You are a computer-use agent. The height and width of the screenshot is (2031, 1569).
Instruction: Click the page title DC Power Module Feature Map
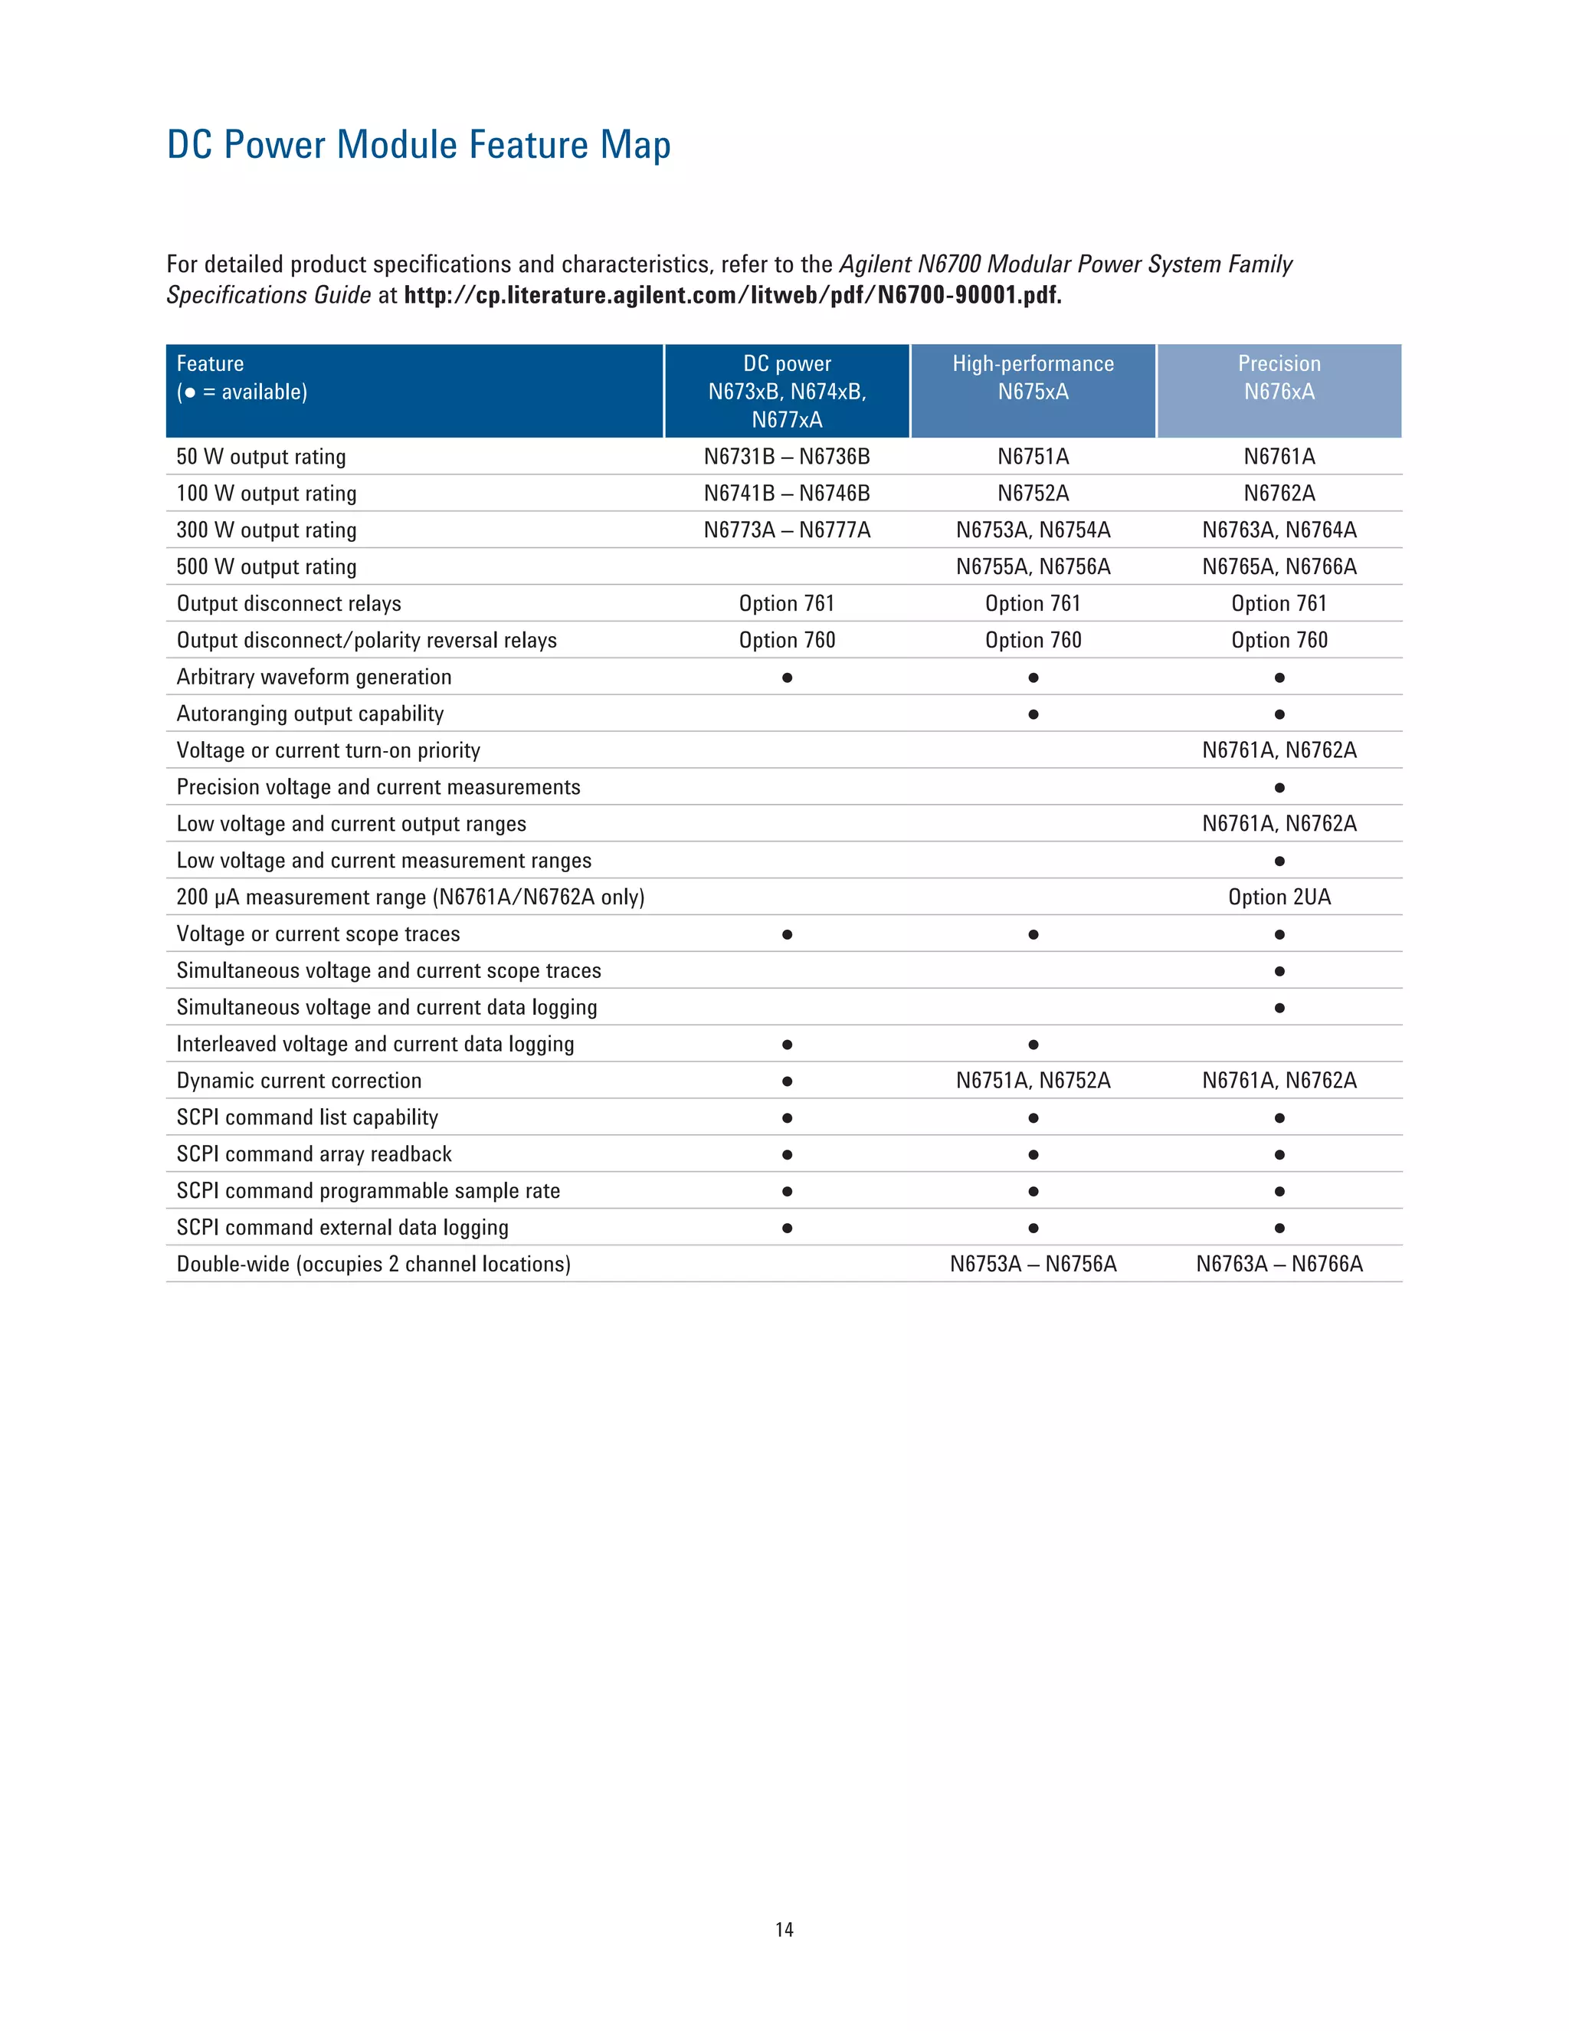tap(418, 145)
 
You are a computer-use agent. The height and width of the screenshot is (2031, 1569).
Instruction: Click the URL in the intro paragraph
tap(732, 296)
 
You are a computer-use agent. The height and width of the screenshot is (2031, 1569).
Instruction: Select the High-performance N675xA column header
tap(1033, 378)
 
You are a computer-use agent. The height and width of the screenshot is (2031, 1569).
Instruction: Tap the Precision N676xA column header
tap(1279, 378)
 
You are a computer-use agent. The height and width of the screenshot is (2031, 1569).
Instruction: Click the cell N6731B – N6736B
tap(786, 457)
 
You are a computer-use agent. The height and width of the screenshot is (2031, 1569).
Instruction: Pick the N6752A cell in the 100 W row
tap(1033, 494)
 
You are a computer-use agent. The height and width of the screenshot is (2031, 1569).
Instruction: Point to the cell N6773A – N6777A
tap(786, 530)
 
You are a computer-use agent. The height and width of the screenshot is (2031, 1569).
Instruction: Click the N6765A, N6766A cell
tap(1279, 567)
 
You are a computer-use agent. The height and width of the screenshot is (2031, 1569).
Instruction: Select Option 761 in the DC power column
tap(786, 603)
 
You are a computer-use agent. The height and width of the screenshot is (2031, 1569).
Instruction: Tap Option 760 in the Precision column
tap(1279, 641)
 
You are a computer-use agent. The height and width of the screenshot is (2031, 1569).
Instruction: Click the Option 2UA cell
tap(1279, 897)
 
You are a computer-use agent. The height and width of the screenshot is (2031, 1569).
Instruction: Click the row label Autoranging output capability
tap(310, 714)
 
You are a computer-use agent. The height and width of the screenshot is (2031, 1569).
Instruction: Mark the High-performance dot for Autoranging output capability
tap(1033, 714)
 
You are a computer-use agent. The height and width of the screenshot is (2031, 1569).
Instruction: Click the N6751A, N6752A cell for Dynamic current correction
tap(1033, 1081)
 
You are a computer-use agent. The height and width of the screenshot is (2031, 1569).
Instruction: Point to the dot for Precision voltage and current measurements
tap(1279, 788)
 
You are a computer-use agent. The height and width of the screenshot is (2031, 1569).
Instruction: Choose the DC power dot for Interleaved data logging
tap(786, 1045)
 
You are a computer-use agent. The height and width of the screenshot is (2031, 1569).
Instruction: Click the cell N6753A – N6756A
tap(1033, 1264)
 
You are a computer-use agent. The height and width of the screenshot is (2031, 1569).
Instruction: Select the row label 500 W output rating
tap(266, 567)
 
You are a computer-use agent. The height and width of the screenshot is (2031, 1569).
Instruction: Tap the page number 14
tap(784, 1930)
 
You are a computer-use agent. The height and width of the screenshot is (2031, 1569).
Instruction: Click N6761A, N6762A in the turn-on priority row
tap(1279, 750)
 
